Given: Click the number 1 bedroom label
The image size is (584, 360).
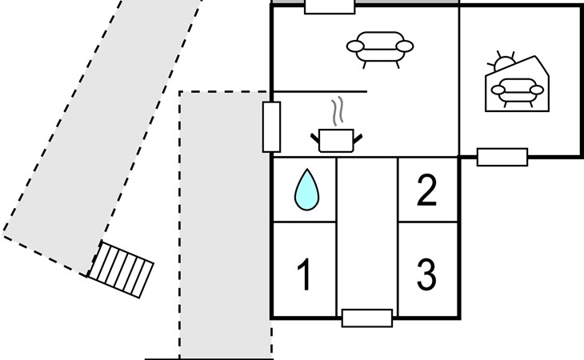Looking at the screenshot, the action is pos(305,274).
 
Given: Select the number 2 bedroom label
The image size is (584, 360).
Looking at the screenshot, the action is pos(426,190).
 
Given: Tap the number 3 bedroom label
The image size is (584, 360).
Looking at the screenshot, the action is pos(426,274).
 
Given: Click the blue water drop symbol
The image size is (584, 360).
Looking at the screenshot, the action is pos(306,190).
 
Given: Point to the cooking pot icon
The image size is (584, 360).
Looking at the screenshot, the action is pos(336,140).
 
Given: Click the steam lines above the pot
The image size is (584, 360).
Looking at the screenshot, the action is pos(337,111).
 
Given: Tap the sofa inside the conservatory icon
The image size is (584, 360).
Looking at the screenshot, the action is pos(518,92).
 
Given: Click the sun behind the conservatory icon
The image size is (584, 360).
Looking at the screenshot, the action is pos(502,62).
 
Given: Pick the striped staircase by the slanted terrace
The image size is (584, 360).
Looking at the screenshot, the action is pos(120,270).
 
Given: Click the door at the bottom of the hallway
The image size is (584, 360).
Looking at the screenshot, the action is pos(367,318).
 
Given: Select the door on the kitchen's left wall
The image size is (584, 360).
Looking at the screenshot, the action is pos(271,127).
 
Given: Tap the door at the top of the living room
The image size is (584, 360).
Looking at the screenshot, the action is pos(330,6).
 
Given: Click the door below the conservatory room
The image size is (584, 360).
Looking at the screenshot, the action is pos(502,157).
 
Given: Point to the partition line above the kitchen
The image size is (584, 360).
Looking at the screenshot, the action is pos(319,91).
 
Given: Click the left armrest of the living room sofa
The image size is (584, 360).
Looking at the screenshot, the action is pos(355,46).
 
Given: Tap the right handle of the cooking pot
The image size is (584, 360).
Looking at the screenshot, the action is pos(358,139).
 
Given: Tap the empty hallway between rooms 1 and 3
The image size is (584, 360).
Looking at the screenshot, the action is pos(367,234).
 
